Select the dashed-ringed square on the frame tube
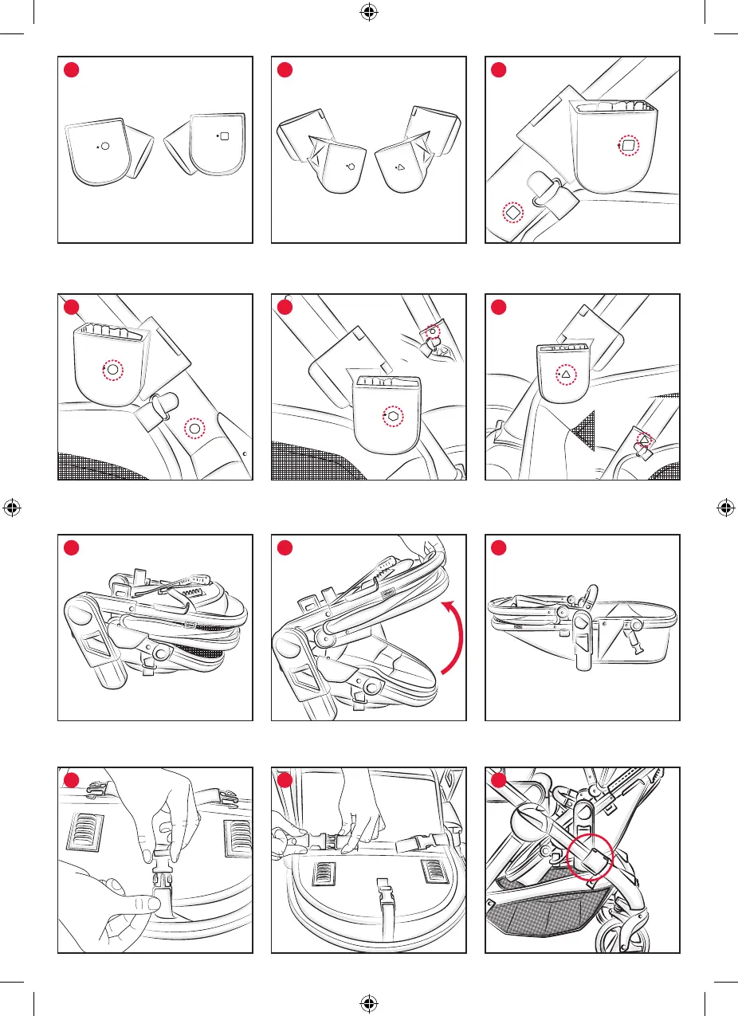pyautogui.click(x=512, y=213)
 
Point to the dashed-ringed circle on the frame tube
pyautogui.click(x=194, y=429)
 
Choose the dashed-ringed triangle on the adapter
pyautogui.click(x=566, y=373)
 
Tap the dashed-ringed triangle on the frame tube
pyautogui.click(x=644, y=440)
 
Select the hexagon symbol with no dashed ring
pyautogui.click(x=351, y=167)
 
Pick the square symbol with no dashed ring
pyautogui.click(x=224, y=136)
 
